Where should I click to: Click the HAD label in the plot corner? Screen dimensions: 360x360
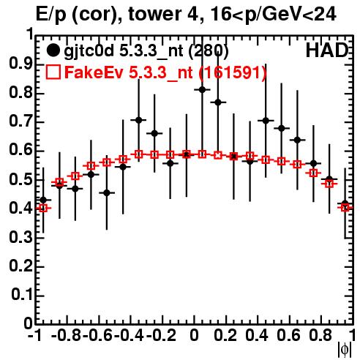327,50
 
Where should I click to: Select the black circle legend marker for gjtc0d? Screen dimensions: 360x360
53,50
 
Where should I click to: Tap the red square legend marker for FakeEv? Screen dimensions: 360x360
53,72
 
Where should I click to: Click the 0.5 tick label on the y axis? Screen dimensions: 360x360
20,180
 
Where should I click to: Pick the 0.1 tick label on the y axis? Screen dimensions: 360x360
22,295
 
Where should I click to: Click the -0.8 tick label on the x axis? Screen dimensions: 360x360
66,336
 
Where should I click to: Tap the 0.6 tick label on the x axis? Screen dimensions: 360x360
289,336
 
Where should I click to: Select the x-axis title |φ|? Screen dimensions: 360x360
345,350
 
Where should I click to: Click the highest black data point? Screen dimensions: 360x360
202,90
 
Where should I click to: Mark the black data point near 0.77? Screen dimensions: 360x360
218,102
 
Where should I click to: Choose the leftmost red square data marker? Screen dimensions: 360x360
43,208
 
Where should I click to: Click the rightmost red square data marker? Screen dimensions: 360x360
345,208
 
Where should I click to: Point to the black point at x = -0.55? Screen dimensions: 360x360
107,192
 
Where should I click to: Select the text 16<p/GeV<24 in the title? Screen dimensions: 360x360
274,15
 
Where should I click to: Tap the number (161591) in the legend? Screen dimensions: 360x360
233,72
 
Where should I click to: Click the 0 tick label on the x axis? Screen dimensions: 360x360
194,336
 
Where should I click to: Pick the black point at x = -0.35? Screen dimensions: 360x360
138,120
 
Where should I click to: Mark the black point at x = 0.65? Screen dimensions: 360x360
297,140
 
